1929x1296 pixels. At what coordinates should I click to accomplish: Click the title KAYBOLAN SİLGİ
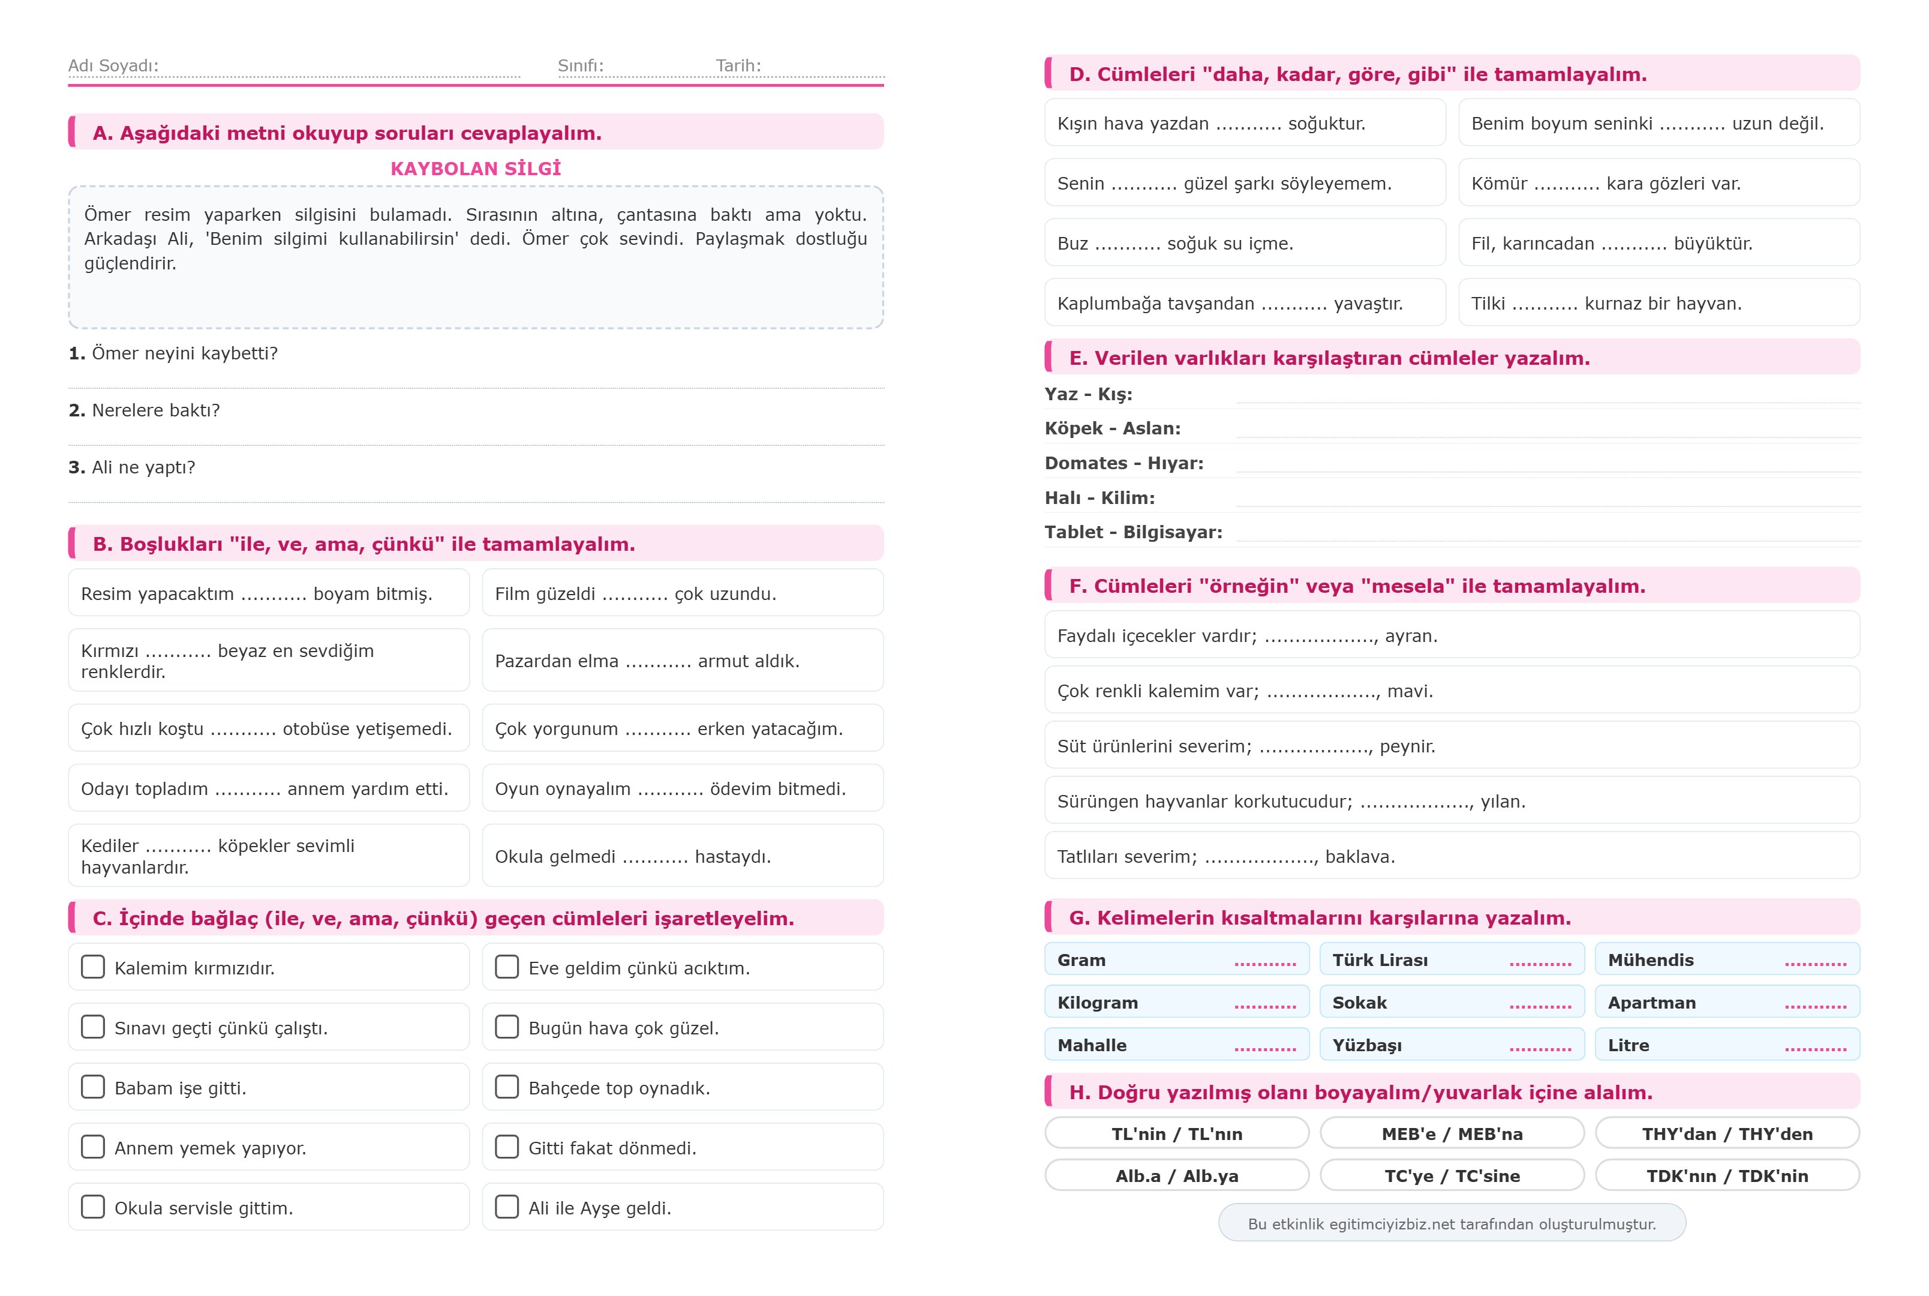[x=475, y=169]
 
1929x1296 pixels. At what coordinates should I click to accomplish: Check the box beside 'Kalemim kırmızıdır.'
[x=92, y=967]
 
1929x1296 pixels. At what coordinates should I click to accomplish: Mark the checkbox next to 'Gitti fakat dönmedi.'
[x=506, y=1147]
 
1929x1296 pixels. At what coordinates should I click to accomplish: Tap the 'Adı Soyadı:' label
[x=113, y=65]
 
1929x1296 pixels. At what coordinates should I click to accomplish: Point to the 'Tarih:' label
[x=738, y=65]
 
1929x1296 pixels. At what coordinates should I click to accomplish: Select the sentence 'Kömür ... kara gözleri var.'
[x=1605, y=184]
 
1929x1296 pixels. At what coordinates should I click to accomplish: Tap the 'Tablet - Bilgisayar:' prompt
[x=1132, y=532]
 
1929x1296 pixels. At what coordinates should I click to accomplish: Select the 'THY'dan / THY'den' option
[x=1727, y=1134]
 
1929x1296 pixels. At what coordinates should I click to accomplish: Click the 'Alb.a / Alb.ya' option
[x=1176, y=1176]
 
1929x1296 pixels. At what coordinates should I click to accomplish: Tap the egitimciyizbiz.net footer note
[x=1452, y=1224]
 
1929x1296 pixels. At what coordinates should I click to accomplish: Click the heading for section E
[x=1329, y=358]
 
